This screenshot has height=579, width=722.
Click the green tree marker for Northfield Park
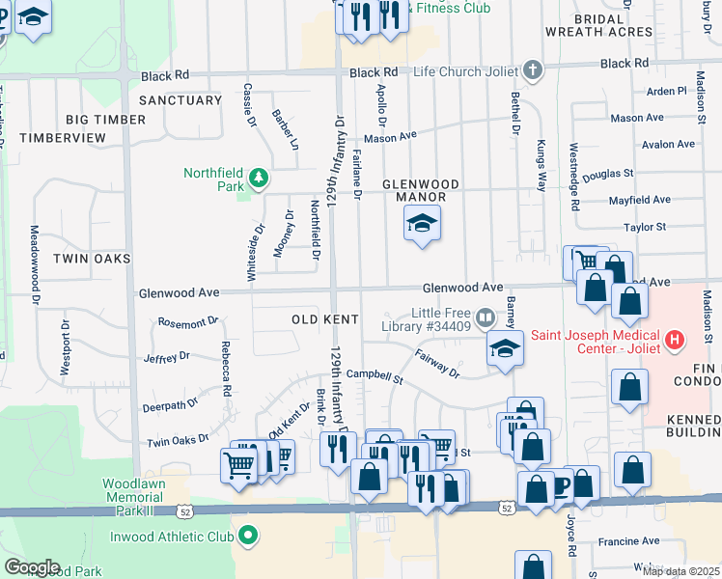pos(258,176)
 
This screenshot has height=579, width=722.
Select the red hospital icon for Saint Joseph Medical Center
pos(675,341)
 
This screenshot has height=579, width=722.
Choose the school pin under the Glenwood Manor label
pos(421,224)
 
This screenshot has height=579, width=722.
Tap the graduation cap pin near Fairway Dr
pos(504,350)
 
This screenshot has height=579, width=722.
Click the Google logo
pos(31,566)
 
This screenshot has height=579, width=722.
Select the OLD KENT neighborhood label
pos(325,319)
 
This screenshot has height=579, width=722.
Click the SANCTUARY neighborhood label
pos(180,100)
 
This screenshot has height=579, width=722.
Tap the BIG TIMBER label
pos(106,120)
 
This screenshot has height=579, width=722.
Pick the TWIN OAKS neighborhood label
pos(91,259)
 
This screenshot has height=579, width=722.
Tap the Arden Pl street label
pos(666,92)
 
